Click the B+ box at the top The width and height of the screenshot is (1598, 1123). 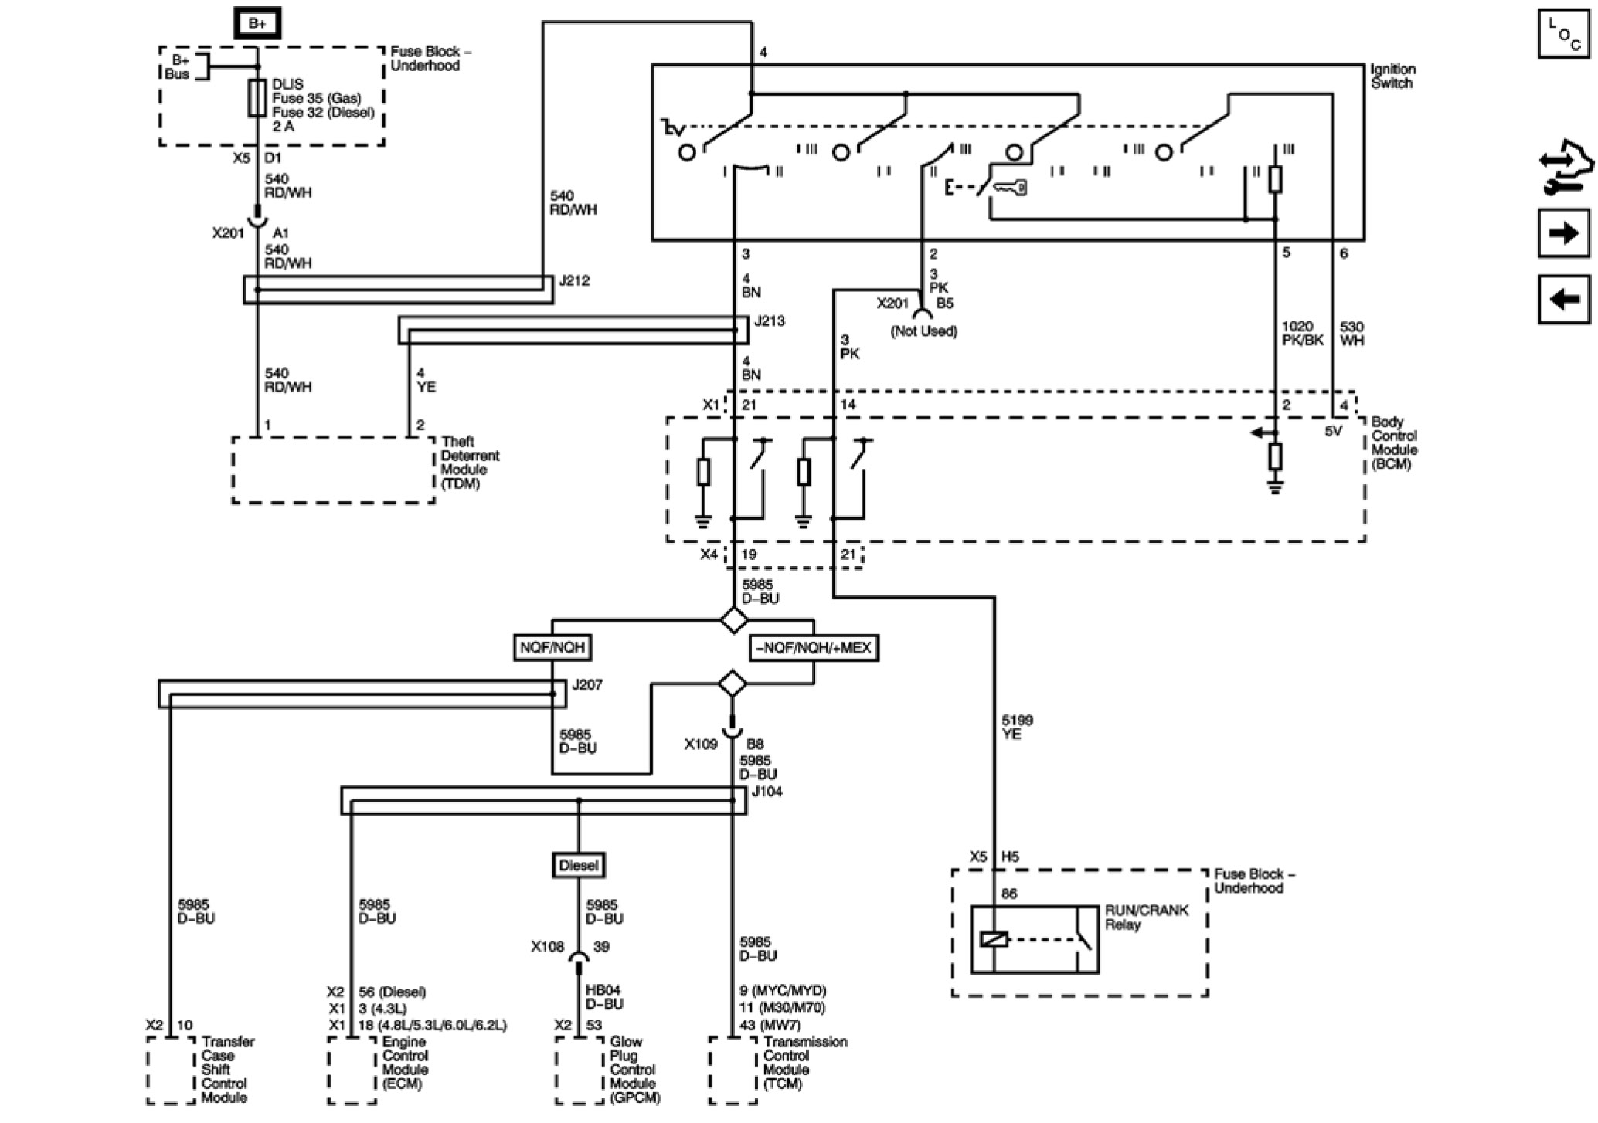(x=257, y=23)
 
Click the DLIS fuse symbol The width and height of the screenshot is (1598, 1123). (x=257, y=98)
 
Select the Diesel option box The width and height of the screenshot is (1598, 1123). (x=579, y=865)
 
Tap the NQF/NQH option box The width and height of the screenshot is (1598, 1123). (x=552, y=647)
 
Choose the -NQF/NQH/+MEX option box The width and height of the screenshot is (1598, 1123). (x=814, y=647)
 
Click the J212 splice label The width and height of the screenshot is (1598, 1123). (x=574, y=281)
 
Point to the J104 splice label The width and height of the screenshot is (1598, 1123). (x=767, y=792)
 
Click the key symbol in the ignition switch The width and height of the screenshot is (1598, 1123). (x=1011, y=187)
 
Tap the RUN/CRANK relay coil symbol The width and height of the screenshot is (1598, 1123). (x=994, y=940)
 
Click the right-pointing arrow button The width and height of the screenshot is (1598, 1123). (x=1564, y=232)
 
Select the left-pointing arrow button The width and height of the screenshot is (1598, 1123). (x=1564, y=298)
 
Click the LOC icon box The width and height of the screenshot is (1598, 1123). (x=1564, y=33)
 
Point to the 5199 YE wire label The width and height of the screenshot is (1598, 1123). (x=1017, y=727)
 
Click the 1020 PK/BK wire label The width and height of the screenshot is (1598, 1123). (x=1303, y=333)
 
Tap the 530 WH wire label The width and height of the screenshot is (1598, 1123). (x=1351, y=333)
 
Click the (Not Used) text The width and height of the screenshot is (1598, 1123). (x=924, y=331)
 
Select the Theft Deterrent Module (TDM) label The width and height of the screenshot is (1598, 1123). (x=470, y=463)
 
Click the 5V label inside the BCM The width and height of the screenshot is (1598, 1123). (x=1334, y=431)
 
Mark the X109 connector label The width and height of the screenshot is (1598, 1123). (x=701, y=744)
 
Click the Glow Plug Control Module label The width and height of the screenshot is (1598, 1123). (x=633, y=1070)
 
